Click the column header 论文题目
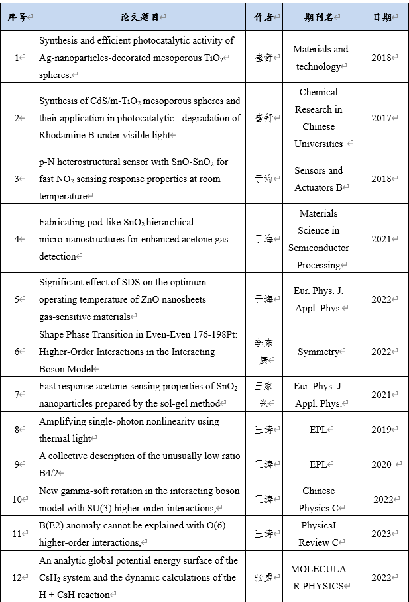click(141, 17)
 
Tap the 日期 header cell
click(382, 17)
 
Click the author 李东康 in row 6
click(264, 352)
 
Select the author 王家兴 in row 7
click(264, 395)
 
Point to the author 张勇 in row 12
click(264, 577)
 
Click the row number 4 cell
click(19, 239)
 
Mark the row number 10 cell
click(19, 499)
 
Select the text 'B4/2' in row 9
click(50, 473)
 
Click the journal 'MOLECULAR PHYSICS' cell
click(319, 577)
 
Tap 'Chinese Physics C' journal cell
click(319, 499)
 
